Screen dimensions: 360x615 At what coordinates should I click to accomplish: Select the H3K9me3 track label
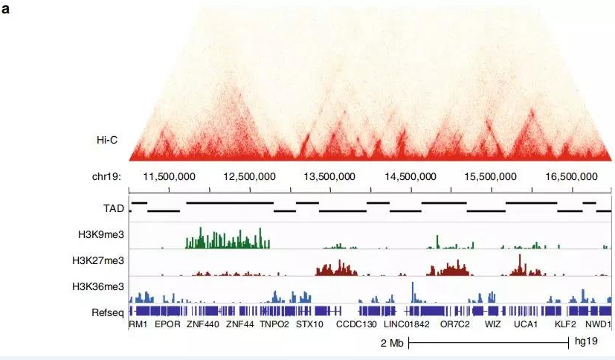click(100, 234)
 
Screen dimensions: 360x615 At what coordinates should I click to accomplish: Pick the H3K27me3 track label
click(98, 260)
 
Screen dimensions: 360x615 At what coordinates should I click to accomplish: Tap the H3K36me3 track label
click(98, 286)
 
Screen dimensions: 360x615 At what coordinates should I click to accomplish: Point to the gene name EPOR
click(167, 325)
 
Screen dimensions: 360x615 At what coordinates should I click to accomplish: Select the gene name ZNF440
click(203, 325)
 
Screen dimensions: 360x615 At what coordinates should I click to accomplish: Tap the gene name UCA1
click(526, 325)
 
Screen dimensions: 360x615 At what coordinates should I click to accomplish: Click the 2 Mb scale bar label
click(391, 344)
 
